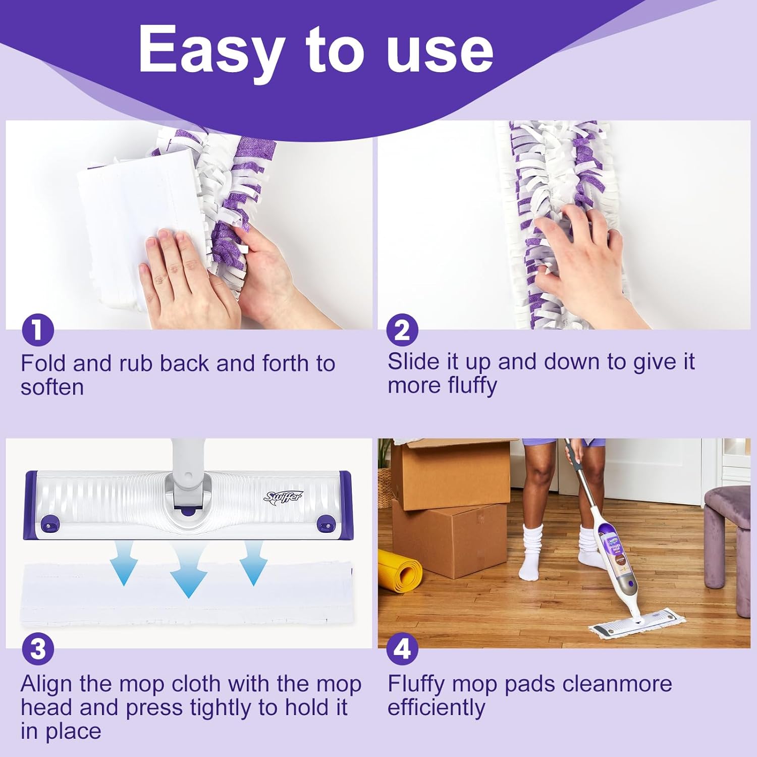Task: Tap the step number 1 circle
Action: (37, 331)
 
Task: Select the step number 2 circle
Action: (402, 331)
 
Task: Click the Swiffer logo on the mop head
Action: (283, 497)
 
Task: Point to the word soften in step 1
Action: (52, 388)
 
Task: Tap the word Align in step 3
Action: (46, 684)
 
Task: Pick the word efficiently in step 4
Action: (436, 708)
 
